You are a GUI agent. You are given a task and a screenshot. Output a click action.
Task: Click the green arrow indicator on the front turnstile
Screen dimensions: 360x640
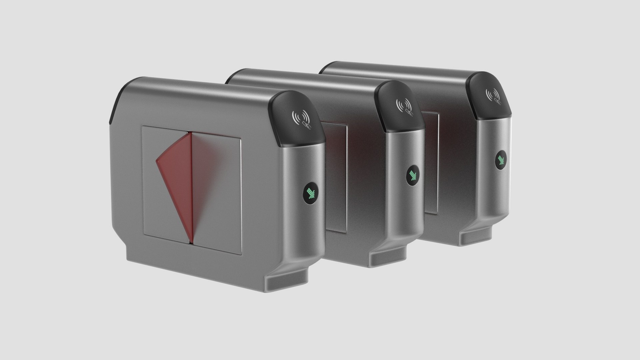[x=311, y=192]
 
